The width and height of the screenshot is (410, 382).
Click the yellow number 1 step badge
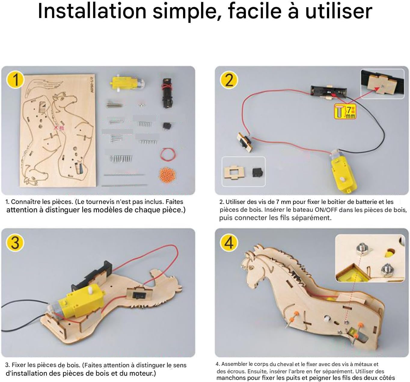pyautogui.click(x=16, y=80)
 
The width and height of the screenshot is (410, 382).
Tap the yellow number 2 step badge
pyautogui.click(x=229, y=80)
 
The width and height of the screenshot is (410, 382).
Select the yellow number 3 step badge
pyautogui.click(x=16, y=242)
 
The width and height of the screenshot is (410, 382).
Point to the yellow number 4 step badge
pyautogui.click(x=229, y=243)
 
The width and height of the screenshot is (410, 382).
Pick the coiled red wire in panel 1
pyautogui.click(x=168, y=154)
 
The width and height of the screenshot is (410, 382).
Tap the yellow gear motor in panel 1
pyautogui.click(x=127, y=83)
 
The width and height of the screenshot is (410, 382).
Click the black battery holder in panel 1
pyautogui.click(x=167, y=93)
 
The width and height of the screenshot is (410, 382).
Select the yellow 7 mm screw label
pyautogui.click(x=345, y=111)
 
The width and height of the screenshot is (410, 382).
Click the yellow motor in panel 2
pyautogui.click(x=343, y=172)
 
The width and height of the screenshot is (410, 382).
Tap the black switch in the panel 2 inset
pyautogui.click(x=258, y=172)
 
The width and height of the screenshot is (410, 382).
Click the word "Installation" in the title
pyautogui.click(x=92, y=11)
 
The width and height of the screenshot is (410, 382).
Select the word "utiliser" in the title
pyautogui.click(x=339, y=11)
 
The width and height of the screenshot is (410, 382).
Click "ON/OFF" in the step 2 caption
pyautogui.click(x=326, y=210)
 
